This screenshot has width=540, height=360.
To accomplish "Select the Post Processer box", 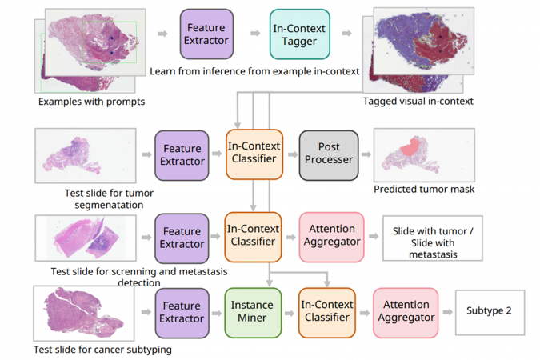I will (329, 154).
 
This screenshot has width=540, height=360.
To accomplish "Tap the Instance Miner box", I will (252, 311).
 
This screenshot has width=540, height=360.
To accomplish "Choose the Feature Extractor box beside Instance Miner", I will (182, 311).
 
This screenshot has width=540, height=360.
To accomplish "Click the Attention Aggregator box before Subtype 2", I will (406, 311).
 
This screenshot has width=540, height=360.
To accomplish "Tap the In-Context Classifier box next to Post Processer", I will (254, 154).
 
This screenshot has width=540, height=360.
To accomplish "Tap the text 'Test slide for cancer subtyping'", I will (102, 350).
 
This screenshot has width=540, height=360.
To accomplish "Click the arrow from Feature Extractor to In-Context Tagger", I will (255, 34).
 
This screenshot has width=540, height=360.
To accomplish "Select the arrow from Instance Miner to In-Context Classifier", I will (289, 311).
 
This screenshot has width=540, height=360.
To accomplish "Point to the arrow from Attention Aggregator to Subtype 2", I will (446, 311).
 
